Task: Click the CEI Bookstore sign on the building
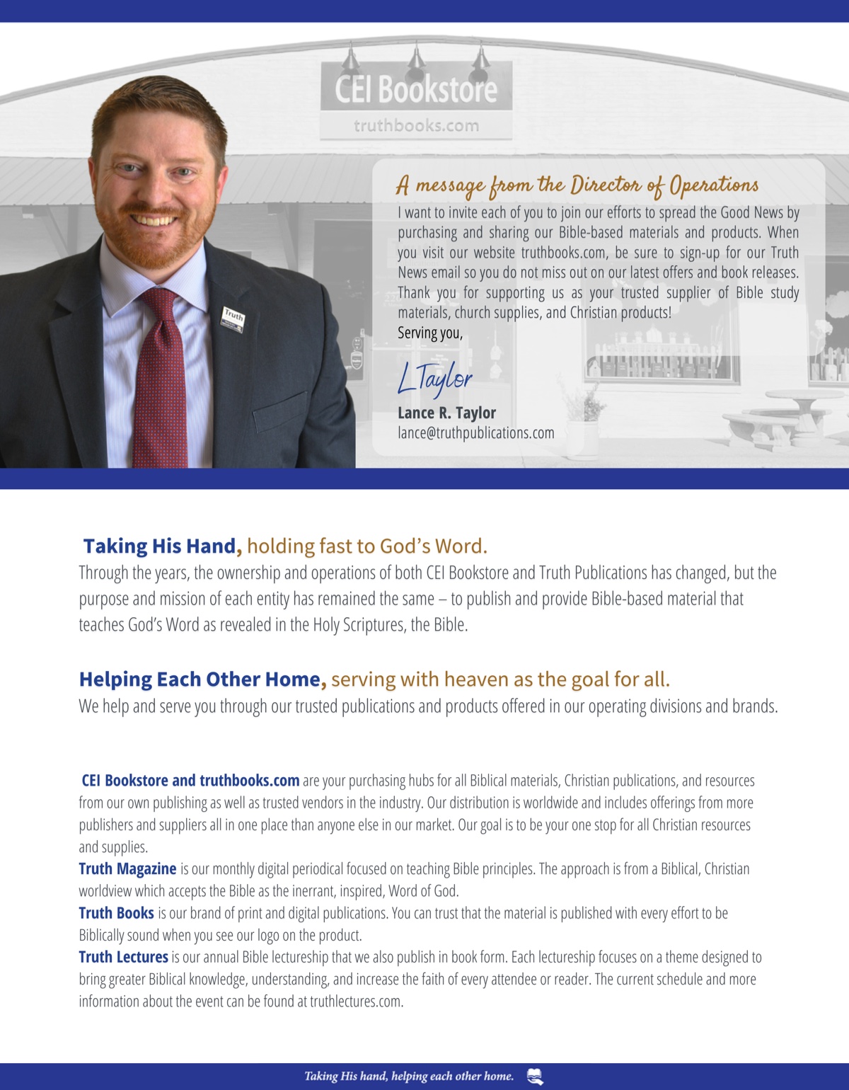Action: click(416, 89)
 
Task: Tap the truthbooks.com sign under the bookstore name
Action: click(416, 126)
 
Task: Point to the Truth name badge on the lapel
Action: click(233, 318)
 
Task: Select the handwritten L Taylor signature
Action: click(434, 378)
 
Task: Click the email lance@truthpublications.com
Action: click(475, 432)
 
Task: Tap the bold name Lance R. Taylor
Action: click(446, 413)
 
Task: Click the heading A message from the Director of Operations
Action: click(577, 185)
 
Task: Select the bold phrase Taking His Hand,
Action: click(163, 546)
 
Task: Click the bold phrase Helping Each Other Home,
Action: click(202, 679)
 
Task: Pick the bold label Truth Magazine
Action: click(127, 868)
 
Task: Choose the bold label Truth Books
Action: click(116, 913)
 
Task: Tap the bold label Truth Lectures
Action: click(123, 957)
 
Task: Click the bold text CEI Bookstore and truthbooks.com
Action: click(190, 780)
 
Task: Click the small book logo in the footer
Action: click(535, 1077)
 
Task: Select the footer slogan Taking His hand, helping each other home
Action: click(409, 1077)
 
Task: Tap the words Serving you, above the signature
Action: click(429, 333)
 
